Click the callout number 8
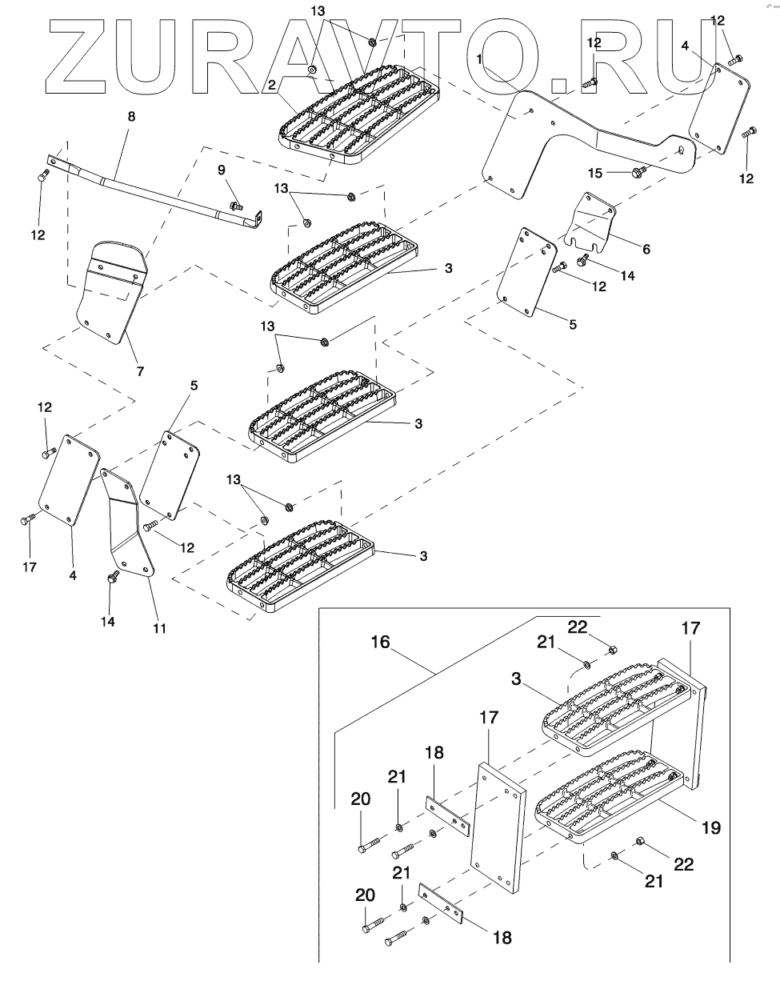pyautogui.click(x=132, y=116)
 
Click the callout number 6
pyautogui.click(x=646, y=249)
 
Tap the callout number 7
pyautogui.click(x=140, y=371)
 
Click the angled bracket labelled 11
pyautogui.click(x=128, y=528)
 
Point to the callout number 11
pyautogui.click(x=160, y=628)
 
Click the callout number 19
pyautogui.click(x=710, y=827)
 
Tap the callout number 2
pyautogui.click(x=272, y=82)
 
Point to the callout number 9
pyautogui.click(x=222, y=170)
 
